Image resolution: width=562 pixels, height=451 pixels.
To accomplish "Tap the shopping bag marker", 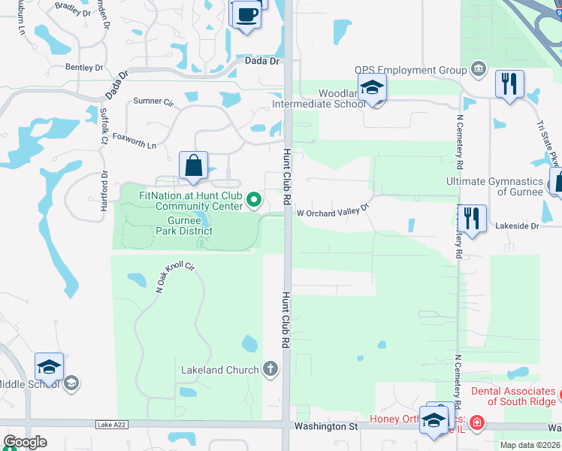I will pyautogui.click(x=193, y=165).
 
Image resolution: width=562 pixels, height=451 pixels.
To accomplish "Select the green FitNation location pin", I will pyautogui.click(x=254, y=200).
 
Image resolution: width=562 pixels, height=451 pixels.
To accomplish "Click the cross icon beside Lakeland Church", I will pyautogui.click(x=270, y=369).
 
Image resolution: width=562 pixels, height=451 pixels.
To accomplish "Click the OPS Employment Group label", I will pyautogui.click(x=411, y=71).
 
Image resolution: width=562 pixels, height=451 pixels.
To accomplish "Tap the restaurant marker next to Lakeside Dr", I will pyautogui.click(x=471, y=219).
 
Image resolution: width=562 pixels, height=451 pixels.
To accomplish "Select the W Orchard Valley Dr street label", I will pyautogui.click(x=334, y=212).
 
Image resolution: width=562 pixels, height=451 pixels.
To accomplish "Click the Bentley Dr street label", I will pyautogui.click(x=83, y=68).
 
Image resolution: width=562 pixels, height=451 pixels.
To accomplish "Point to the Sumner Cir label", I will pyautogui.click(x=153, y=101).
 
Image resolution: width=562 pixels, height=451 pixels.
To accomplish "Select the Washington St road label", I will pyautogui.click(x=325, y=426).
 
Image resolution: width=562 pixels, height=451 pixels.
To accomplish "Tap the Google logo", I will pyautogui.click(x=25, y=442).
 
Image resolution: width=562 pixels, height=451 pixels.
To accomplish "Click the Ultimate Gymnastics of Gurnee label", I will pyautogui.click(x=494, y=186).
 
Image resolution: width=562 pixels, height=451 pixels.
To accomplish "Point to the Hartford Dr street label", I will pyautogui.click(x=105, y=185).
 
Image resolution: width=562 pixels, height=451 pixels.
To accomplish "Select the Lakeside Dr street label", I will pyautogui.click(x=518, y=225).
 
